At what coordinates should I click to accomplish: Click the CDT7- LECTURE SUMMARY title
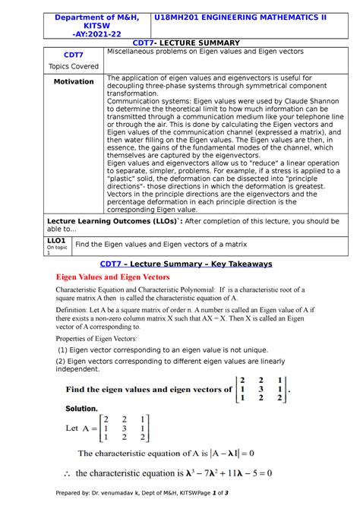(x=196, y=43)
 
